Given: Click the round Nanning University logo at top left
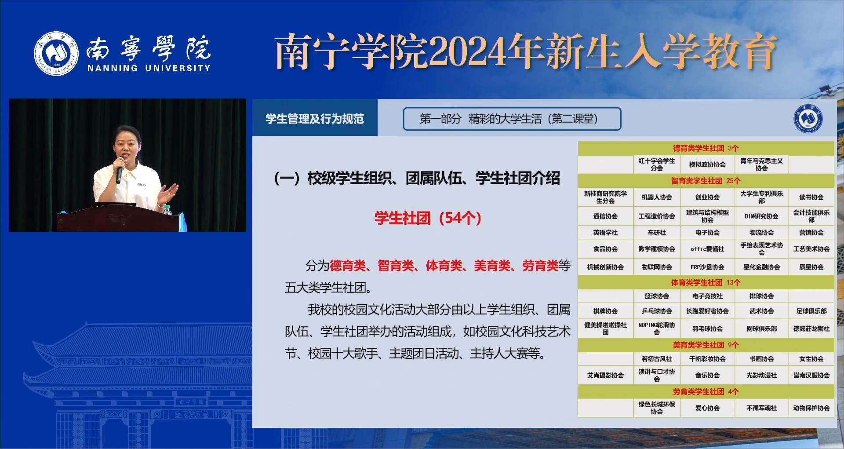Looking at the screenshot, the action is pyautogui.click(x=56, y=53).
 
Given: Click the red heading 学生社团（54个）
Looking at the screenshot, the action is pyautogui.click(x=428, y=218).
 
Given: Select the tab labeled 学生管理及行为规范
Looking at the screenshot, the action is pyautogui.click(x=315, y=119).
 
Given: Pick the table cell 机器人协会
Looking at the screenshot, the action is pyautogui.click(x=656, y=197).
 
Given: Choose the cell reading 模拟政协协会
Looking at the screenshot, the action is pyautogui.click(x=707, y=164).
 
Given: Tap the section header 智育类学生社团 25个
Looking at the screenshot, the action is pyautogui.click(x=706, y=181).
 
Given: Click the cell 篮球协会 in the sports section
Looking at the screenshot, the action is pyautogui.click(x=656, y=296).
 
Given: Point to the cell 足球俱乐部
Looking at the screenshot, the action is pyautogui.click(x=811, y=311).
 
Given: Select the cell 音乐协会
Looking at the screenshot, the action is pyautogui.click(x=707, y=375).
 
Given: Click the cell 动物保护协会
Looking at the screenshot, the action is pyautogui.click(x=811, y=408).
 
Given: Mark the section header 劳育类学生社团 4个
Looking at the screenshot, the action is pyautogui.click(x=706, y=392).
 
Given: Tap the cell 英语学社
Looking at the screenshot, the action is pyautogui.click(x=605, y=233).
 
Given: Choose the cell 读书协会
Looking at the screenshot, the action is pyautogui.click(x=811, y=197).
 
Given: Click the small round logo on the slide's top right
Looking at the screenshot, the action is pyautogui.click(x=808, y=118).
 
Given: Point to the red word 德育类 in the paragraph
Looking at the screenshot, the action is pyautogui.click(x=348, y=266).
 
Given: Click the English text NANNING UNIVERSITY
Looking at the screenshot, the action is pyautogui.click(x=149, y=68).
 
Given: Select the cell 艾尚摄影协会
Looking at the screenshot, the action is pyautogui.click(x=605, y=375).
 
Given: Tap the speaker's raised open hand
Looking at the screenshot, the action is pyautogui.click(x=168, y=193).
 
